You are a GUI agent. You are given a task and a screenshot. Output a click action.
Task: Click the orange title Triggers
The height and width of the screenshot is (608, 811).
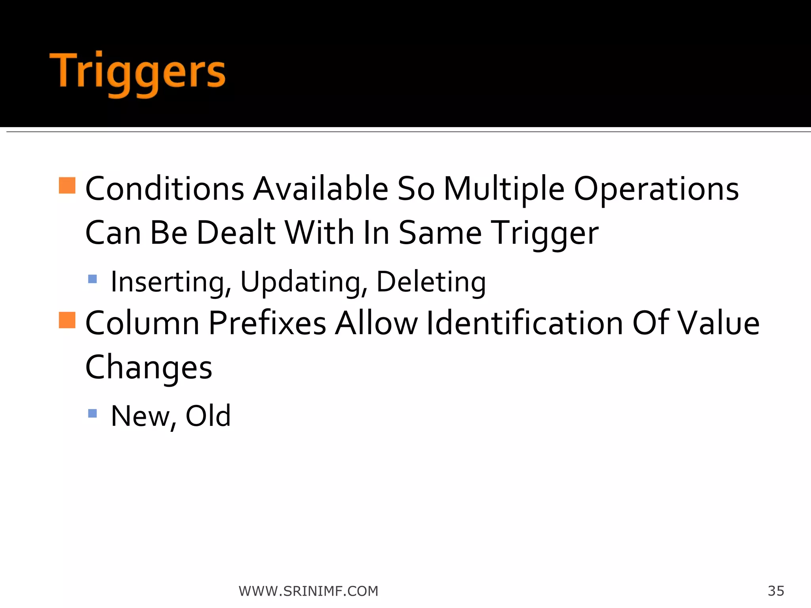137,73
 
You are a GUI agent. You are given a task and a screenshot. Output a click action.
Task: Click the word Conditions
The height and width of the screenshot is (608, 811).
165,189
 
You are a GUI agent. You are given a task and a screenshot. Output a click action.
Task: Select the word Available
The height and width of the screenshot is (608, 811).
321,189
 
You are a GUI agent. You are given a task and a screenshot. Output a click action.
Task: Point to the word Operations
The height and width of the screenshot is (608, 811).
656,189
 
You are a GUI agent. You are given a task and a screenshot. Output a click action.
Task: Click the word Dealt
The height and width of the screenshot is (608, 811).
236,233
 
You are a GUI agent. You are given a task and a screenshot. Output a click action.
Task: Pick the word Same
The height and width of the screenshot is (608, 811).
440,233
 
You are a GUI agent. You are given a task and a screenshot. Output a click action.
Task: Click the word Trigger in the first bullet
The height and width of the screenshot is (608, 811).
544,234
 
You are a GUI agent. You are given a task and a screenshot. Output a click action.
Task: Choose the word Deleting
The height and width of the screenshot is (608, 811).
431,282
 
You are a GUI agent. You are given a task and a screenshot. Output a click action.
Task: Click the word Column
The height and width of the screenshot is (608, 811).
143,323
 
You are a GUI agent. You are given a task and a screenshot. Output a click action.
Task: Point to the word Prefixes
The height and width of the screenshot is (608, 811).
267,323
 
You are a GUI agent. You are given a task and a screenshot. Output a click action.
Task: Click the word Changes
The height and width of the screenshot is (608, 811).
149,368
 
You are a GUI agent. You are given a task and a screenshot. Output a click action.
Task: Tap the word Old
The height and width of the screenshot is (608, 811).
208,416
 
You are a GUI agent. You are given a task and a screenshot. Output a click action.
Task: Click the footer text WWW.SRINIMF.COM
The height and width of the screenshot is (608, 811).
308,591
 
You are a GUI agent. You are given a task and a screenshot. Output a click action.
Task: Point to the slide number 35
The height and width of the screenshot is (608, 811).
776,591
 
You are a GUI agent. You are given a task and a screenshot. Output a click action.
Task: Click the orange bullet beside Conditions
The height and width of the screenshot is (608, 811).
67,185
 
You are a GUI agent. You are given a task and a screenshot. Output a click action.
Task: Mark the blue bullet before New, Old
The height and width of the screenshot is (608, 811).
92,414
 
